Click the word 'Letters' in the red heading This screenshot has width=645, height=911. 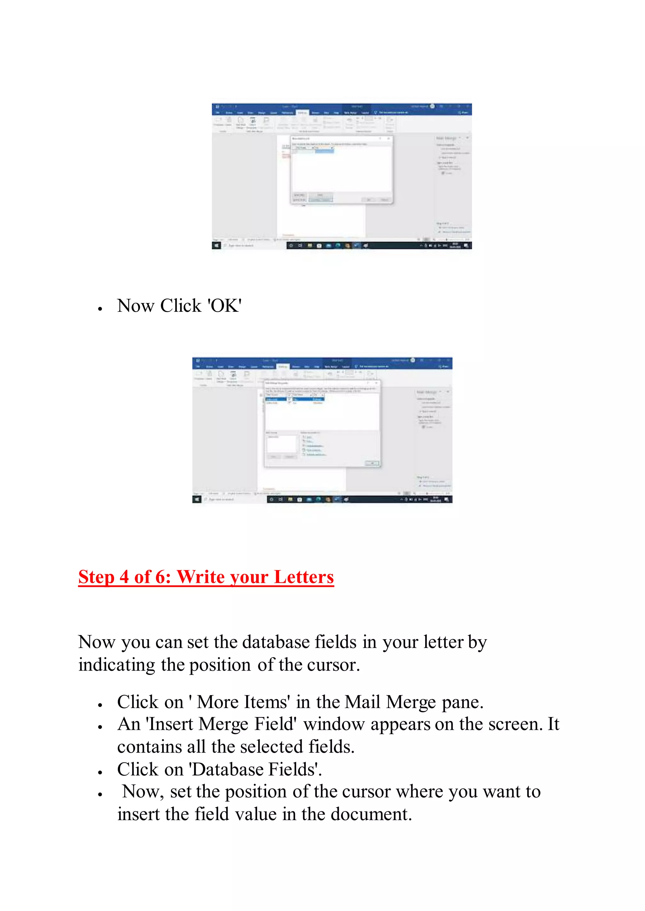pos(304,577)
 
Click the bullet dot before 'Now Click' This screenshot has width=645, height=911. pos(100,309)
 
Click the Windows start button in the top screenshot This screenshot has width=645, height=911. pos(216,246)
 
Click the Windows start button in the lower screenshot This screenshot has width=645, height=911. pos(197,500)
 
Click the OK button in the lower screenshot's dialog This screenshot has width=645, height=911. pos(372,463)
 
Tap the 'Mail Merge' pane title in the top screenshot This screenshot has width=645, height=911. pos(446,138)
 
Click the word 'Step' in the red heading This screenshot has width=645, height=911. pos(96,577)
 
